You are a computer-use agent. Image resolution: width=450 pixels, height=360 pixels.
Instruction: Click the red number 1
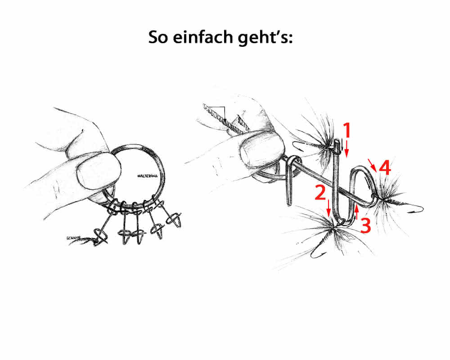coord(347,130)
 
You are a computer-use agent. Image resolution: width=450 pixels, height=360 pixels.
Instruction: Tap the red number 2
coord(320,193)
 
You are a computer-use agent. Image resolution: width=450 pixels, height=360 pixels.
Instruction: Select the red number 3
coord(365,225)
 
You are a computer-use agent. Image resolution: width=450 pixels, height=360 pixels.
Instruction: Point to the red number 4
coord(385,168)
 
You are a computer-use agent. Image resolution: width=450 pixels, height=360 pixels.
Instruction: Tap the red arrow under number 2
coord(329,209)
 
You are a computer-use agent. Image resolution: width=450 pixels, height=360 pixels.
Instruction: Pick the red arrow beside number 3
coord(357,212)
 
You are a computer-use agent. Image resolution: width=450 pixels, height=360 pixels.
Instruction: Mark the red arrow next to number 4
coord(372,165)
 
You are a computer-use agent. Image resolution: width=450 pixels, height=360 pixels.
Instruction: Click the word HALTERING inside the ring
coord(148,176)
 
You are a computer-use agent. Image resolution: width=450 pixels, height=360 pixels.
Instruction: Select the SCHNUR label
coord(73,238)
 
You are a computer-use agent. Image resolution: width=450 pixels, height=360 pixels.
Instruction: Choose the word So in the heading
coord(158,38)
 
